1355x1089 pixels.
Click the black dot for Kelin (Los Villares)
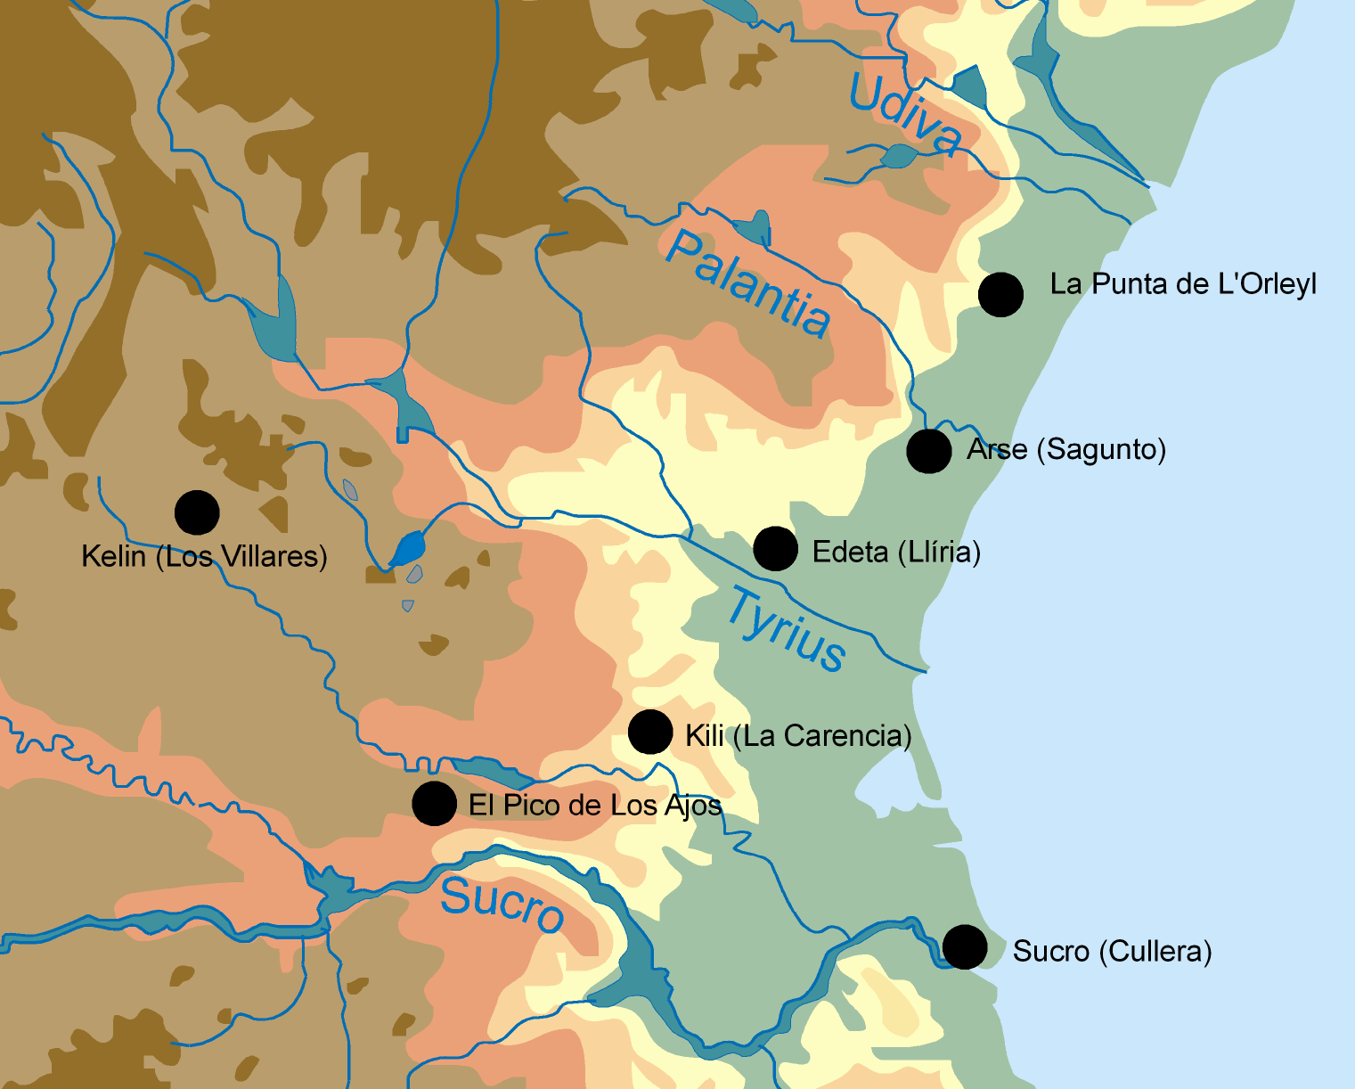click(197, 512)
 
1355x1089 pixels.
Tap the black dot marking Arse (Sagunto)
click(929, 451)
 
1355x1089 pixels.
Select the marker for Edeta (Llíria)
click(775, 548)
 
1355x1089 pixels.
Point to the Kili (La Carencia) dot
click(650, 733)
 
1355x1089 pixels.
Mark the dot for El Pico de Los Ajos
click(435, 804)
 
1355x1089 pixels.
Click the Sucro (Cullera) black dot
click(965, 946)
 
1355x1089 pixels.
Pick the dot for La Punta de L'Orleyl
click(1000, 294)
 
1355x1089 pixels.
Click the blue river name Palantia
click(748, 284)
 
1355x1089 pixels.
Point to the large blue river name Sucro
click(502, 902)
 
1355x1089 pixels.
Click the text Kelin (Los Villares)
click(204, 557)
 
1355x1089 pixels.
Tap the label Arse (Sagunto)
click(1066, 449)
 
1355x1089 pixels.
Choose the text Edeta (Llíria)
click(896, 553)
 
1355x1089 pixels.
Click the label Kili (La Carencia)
click(798, 736)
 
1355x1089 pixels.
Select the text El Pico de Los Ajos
click(595, 806)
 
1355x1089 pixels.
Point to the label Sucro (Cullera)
click(1112, 952)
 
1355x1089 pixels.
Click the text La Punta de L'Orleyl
click(1183, 284)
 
